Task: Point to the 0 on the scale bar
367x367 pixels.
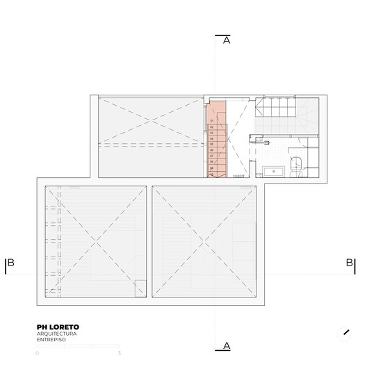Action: click(x=38, y=353)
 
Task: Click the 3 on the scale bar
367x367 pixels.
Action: click(x=120, y=353)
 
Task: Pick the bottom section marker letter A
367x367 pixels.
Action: click(x=227, y=345)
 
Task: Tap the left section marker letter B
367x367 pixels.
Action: click(x=11, y=263)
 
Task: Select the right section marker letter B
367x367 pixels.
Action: click(x=349, y=263)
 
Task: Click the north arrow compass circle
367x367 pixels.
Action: click(x=344, y=334)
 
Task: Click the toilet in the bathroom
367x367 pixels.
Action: click(x=295, y=165)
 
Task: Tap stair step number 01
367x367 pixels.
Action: click(x=211, y=120)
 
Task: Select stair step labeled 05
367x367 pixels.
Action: click(x=211, y=144)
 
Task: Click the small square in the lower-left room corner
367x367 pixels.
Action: click(x=140, y=286)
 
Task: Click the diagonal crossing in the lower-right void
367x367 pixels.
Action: click(x=205, y=240)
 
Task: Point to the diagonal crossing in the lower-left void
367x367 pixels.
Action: click(x=96, y=240)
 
